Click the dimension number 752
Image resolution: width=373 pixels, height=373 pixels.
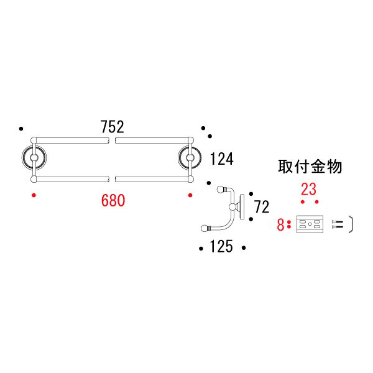[x=113, y=127]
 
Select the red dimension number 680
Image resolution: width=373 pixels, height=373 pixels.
[x=113, y=200]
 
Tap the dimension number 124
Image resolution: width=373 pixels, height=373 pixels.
[x=221, y=159]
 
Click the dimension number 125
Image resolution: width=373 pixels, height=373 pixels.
[x=221, y=247]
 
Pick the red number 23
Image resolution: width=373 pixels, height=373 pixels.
[x=309, y=189]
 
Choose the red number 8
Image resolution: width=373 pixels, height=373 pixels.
[x=280, y=224]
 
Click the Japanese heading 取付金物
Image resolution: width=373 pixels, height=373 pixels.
[x=310, y=167]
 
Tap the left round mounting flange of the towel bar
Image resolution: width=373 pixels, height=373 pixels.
[x=32, y=159]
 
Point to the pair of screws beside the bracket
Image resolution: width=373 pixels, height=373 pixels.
[x=338, y=224]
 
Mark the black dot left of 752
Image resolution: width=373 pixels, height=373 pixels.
[x=21, y=129]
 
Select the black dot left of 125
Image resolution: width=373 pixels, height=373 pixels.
[x=200, y=249]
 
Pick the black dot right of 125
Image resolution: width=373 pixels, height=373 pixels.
[x=244, y=249]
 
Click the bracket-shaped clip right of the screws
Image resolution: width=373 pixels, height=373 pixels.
[x=351, y=224]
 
